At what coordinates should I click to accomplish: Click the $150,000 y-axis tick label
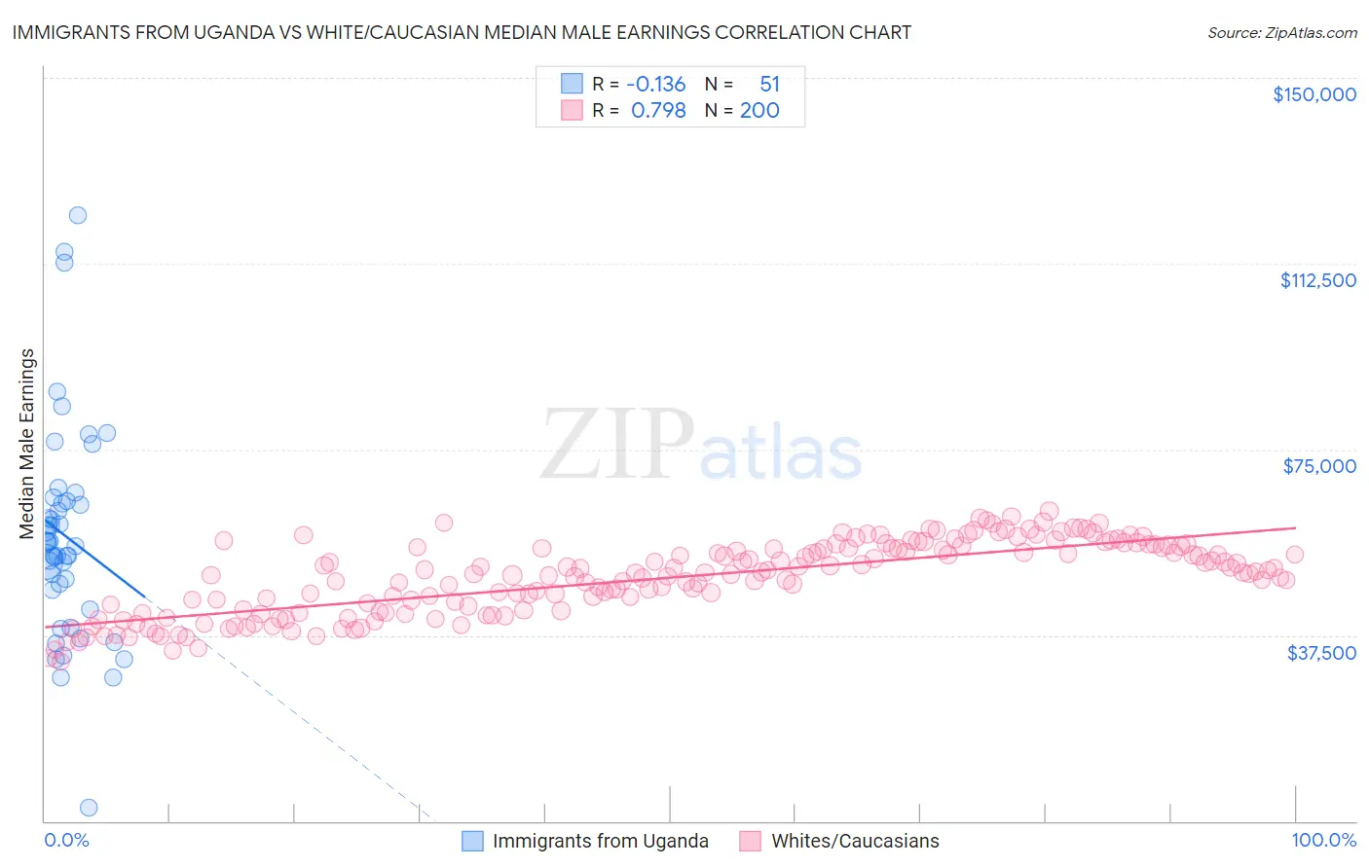coord(1313,94)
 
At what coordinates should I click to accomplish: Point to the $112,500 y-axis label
coord(1317,280)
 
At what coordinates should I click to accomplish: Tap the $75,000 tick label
coord(1319,466)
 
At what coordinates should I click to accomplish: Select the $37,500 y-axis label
coord(1321,653)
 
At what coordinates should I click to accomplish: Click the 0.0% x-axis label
coord(66,840)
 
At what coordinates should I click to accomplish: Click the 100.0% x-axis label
coord(1323,840)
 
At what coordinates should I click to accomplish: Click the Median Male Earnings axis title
coord(27,443)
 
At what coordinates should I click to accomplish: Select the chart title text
coord(462,32)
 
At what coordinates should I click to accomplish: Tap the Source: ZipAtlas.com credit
coord(1281,33)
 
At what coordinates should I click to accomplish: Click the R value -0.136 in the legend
coord(655,85)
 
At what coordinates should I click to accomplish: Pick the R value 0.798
coord(658,111)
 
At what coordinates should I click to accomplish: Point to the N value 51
coord(769,85)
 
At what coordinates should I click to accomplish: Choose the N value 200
coord(759,111)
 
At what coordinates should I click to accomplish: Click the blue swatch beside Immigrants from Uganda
coord(472,841)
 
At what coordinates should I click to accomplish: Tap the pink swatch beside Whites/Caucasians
coord(751,841)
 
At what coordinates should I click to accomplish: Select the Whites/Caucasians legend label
coord(855,841)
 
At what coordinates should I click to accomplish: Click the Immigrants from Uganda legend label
coord(600,841)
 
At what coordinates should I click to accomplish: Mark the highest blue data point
coord(78,215)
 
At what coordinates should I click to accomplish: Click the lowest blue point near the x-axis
coord(89,807)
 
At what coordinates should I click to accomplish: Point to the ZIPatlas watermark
coord(701,446)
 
